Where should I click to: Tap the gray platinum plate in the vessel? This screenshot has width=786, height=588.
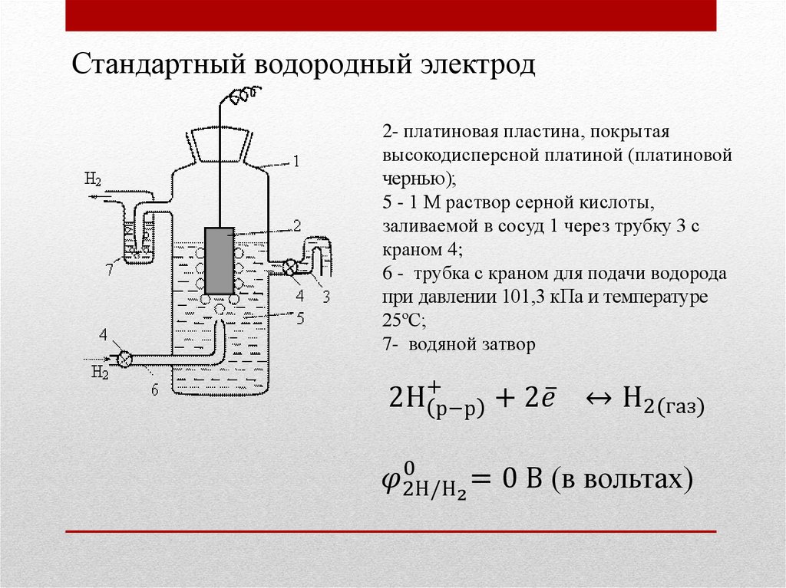[220, 261]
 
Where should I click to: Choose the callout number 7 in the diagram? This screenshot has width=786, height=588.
[111, 268]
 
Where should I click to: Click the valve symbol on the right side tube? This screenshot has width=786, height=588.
[290, 267]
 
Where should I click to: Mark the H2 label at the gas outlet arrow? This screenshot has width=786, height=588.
[93, 180]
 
